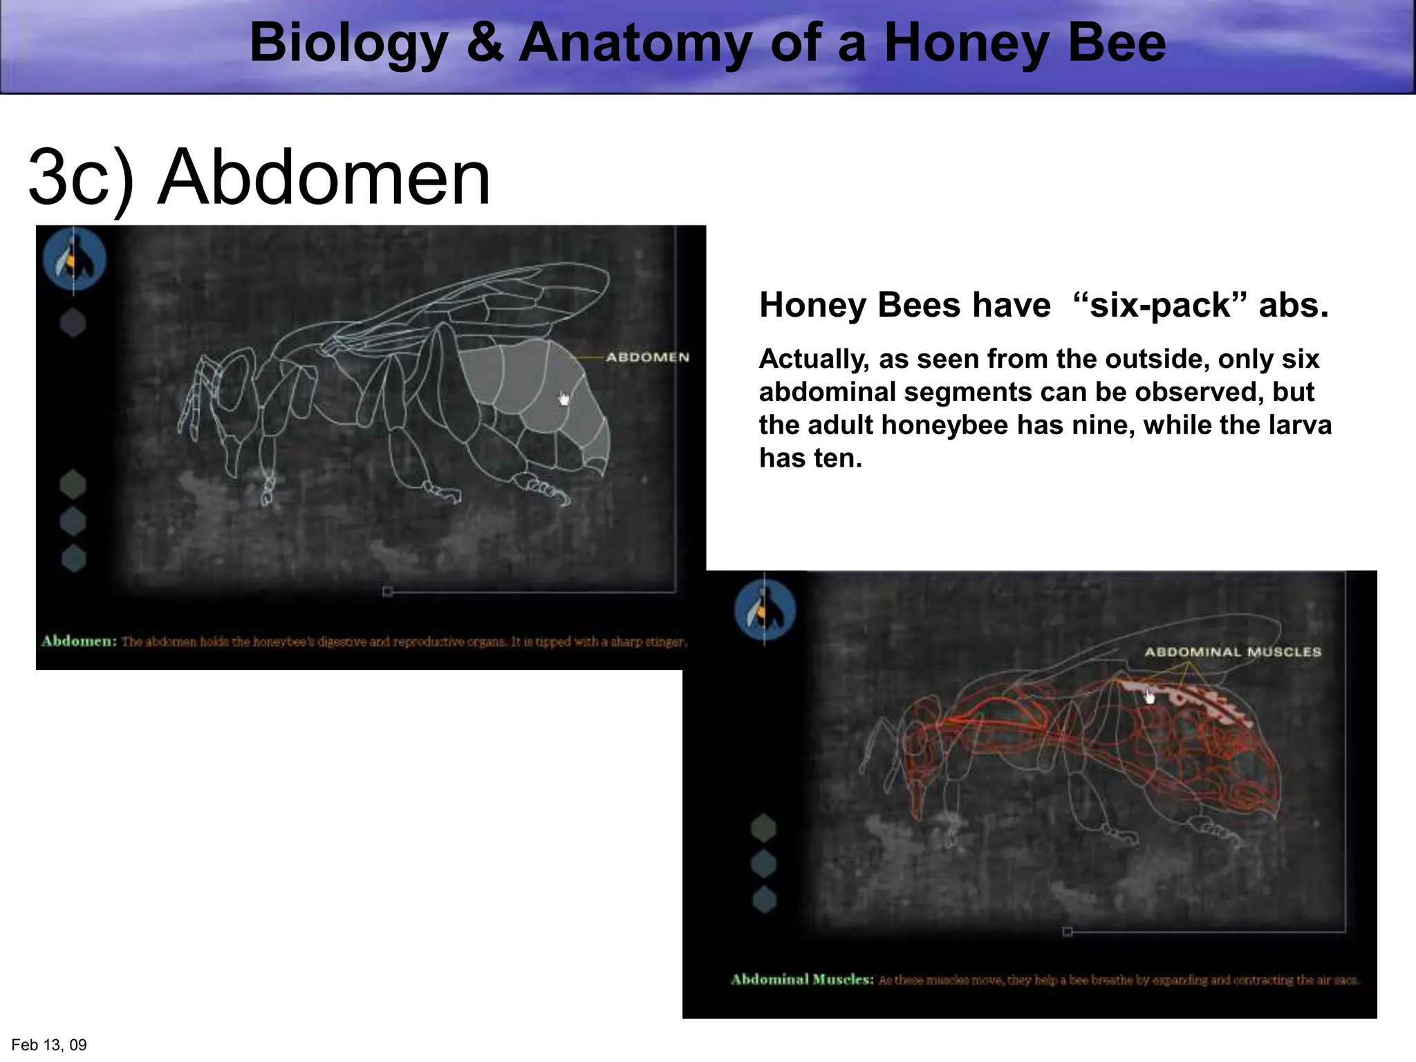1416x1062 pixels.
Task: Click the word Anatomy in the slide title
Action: pos(633,43)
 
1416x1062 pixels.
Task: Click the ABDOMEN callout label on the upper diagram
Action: pos(648,357)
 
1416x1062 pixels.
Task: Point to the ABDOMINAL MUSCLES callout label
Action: pos(1233,651)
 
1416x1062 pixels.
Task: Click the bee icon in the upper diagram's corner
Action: pos(75,259)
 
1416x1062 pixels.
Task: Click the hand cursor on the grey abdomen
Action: pos(564,399)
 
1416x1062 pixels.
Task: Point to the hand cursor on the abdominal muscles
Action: pos(1149,696)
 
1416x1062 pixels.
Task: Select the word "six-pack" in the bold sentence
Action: pos(1160,305)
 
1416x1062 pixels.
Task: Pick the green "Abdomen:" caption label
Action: pos(79,641)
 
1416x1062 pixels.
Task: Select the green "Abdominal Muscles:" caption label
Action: pos(802,979)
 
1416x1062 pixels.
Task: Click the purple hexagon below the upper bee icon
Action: pos(73,322)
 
